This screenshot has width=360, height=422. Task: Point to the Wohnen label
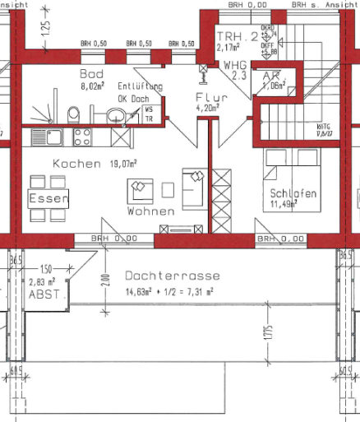tap(150, 211)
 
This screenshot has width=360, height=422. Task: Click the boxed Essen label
tap(48, 199)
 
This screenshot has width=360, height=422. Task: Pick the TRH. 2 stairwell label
tap(238, 36)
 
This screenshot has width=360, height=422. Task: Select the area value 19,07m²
tap(125, 164)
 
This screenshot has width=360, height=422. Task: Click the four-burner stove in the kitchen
tap(83, 136)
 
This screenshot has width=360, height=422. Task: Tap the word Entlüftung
tap(140, 86)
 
